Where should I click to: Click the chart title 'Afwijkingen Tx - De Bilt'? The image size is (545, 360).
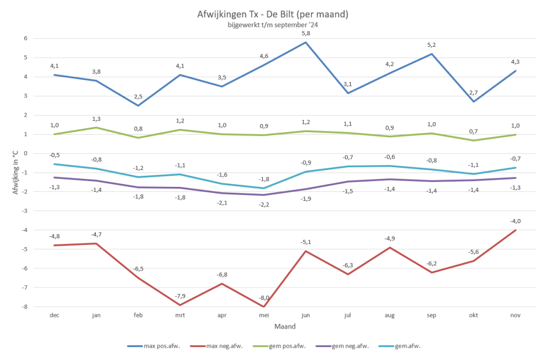pos(272,14)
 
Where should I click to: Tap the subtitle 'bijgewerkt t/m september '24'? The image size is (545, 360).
pos(272,24)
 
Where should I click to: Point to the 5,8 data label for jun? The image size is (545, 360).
pos(305,33)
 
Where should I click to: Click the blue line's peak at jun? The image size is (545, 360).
pos(305,42)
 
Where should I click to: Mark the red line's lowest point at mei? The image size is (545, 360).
pos(263,307)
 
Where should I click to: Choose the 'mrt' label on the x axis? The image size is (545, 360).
pos(180,315)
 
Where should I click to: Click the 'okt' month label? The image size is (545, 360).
pos(473,315)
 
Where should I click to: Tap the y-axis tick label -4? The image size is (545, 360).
pos(25,230)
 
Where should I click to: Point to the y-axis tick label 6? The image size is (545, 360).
pos(26,38)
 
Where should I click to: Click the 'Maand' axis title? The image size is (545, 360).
pos(285,326)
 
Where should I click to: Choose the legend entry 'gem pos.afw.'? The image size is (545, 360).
pos(285,346)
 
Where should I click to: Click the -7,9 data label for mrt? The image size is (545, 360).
pos(180,296)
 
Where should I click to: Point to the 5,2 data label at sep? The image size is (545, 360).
pos(431,45)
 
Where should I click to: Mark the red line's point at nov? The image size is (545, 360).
pos(515,230)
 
